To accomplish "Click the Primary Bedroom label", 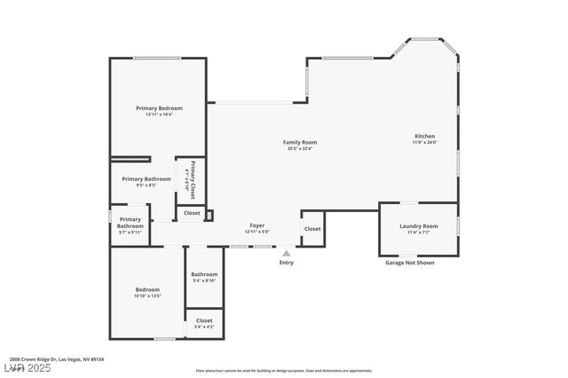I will [x=159, y=108].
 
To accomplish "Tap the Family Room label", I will [x=300, y=142].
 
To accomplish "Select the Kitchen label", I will [x=424, y=136].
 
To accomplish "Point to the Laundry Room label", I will [x=419, y=226].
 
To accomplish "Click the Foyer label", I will [x=257, y=225].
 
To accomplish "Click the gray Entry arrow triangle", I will [x=286, y=253].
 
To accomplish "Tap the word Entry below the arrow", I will [x=286, y=263].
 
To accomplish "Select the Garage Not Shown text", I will [x=409, y=263].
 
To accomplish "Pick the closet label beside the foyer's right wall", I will [x=312, y=229].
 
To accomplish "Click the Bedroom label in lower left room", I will [x=147, y=289].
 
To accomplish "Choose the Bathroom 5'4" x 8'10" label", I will [x=204, y=274].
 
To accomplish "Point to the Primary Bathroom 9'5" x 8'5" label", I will [x=146, y=179].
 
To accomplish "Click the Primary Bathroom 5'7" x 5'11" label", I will [x=130, y=223].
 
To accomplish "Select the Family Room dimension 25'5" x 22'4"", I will [x=300, y=148].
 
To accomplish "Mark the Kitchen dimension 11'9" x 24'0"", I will [x=424, y=142].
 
